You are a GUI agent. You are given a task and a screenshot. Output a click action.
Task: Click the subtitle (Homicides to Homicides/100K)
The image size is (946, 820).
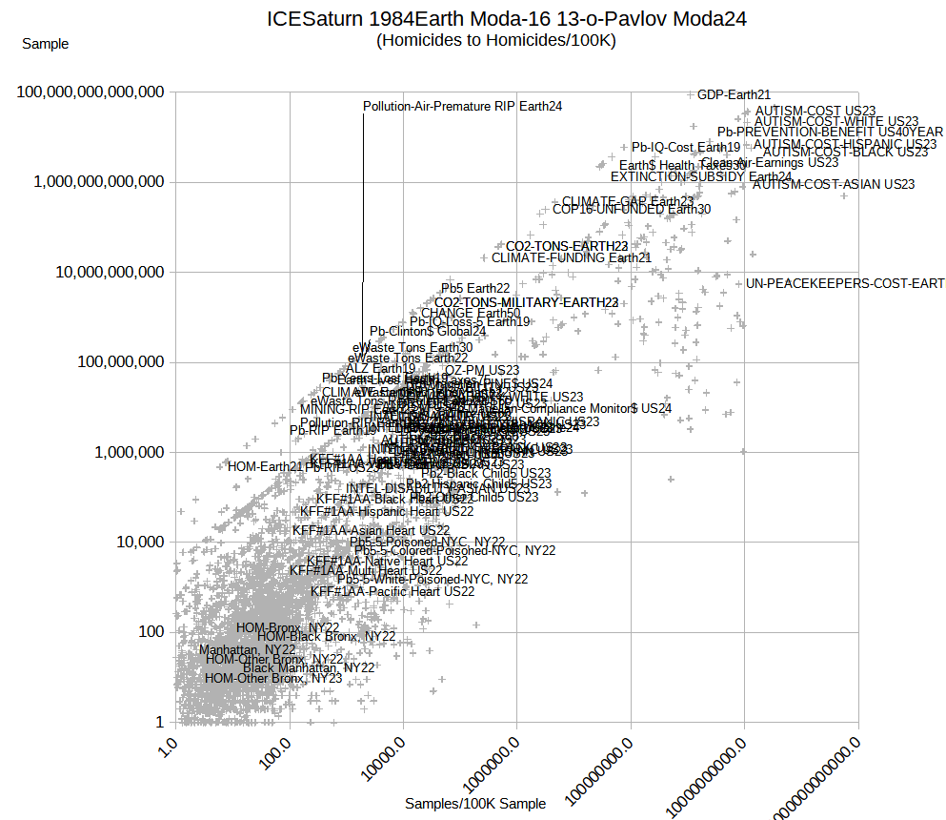point(495,40)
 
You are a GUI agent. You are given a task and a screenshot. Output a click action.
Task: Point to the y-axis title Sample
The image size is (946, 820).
point(45,44)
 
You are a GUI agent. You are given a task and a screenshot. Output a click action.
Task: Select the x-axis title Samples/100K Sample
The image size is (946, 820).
point(475,804)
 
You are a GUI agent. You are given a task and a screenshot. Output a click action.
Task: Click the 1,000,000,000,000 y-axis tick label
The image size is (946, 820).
point(91,182)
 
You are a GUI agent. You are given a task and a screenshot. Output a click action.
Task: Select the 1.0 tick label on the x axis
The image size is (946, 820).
point(165,745)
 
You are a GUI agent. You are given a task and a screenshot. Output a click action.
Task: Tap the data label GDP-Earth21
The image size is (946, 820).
point(734,94)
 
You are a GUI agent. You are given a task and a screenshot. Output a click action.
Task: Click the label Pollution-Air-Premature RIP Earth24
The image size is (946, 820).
point(462,106)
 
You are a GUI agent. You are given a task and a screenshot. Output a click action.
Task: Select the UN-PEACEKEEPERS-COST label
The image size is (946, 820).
point(845,283)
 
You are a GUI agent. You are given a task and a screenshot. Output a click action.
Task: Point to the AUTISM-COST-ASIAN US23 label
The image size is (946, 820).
point(833,184)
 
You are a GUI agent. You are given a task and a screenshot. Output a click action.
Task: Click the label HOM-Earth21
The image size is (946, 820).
point(265,466)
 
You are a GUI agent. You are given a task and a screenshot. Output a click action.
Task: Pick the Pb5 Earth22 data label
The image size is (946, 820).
point(475,288)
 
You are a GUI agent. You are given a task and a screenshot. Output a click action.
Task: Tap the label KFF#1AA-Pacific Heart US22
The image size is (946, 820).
point(392,591)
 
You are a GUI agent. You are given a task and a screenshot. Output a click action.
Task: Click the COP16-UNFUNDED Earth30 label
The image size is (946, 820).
point(631,209)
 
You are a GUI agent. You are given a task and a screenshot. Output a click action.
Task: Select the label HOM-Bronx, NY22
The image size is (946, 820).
point(288,627)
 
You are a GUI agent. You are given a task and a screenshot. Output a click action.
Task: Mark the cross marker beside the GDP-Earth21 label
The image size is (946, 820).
point(691,94)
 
